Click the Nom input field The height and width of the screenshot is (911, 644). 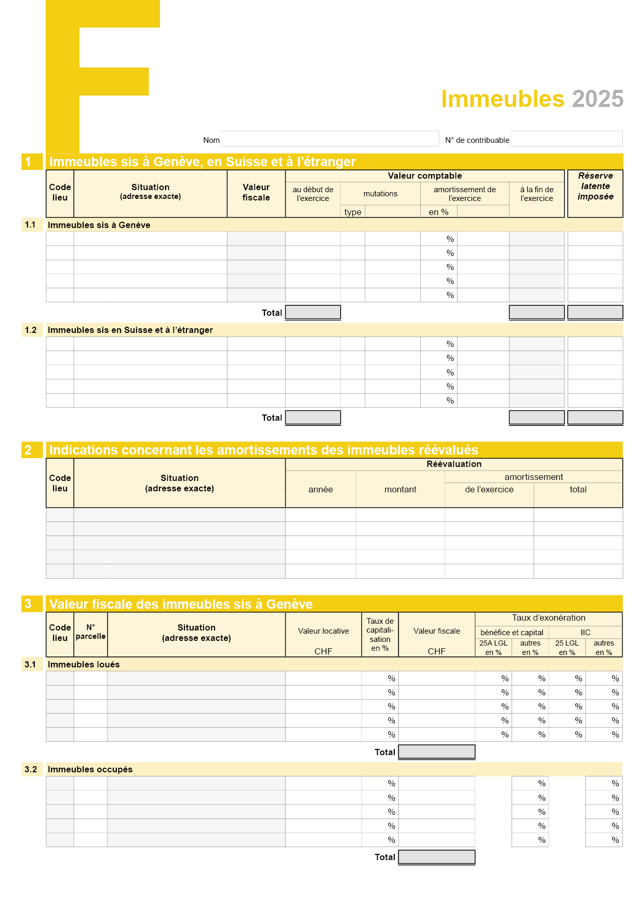pyautogui.click(x=330, y=139)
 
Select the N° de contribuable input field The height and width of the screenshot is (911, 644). pyautogui.click(x=566, y=139)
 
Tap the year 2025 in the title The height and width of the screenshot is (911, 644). pyautogui.click(x=597, y=99)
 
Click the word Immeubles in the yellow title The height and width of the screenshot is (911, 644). pyautogui.click(x=502, y=99)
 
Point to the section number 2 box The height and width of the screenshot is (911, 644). pyautogui.click(x=28, y=450)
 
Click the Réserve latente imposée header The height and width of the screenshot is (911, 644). pyautogui.click(x=595, y=186)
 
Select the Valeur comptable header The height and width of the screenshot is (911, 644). pyautogui.click(x=424, y=176)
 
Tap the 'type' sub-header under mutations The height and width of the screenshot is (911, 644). pyautogui.click(x=353, y=212)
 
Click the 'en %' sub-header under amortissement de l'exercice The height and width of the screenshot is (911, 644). pyautogui.click(x=438, y=212)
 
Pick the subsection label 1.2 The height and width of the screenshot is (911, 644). pyautogui.click(x=31, y=330)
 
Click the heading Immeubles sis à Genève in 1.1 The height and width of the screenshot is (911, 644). pyautogui.click(x=99, y=225)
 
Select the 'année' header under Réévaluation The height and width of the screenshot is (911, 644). pyautogui.click(x=320, y=489)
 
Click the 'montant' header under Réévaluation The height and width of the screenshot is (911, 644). pyautogui.click(x=400, y=489)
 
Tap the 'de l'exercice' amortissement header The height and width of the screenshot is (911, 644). pyautogui.click(x=489, y=489)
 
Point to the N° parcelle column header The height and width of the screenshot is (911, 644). pyautogui.click(x=90, y=632)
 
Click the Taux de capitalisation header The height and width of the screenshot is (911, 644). pyautogui.click(x=380, y=634)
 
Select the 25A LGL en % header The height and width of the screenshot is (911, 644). pyautogui.click(x=493, y=648)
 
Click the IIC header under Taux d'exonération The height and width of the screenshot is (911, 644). pyautogui.click(x=585, y=632)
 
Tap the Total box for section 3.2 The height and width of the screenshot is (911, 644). pyautogui.click(x=436, y=857)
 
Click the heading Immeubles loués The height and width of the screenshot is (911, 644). pyautogui.click(x=84, y=664)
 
